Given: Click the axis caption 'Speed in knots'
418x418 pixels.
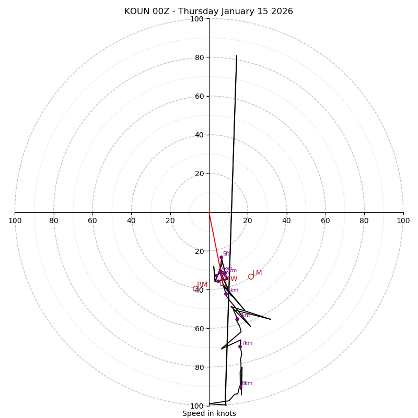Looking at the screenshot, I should click(x=209, y=413).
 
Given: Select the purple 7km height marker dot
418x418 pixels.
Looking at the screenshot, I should click(x=240, y=346).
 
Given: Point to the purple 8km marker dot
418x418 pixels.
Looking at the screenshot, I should click(x=240, y=387).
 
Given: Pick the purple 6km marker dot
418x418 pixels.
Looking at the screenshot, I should click(x=237, y=319).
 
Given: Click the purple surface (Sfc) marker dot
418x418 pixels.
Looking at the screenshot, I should click(x=221, y=257).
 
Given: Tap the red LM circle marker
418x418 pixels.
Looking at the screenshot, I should click(x=251, y=276).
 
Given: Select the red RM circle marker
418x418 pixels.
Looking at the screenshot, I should click(x=195, y=288).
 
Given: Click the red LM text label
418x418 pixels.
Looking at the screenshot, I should click(x=257, y=273).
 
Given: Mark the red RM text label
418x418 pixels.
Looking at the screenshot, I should click(x=202, y=285).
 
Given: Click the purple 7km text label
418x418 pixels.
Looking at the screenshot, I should click(x=247, y=343).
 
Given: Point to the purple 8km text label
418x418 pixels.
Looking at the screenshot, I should click(x=247, y=384).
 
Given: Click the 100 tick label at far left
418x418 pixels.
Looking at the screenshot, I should click(x=15, y=220).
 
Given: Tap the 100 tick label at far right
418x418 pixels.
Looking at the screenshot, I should click(x=403, y=220).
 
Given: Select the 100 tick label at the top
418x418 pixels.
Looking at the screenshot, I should click(x=197, y=19).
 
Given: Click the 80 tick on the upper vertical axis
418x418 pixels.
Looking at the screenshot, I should click(x=199, y=57).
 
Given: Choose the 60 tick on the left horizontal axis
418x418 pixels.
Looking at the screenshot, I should click(x=92, y=220).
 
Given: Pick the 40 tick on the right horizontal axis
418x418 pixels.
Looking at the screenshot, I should click(x=286, y=220).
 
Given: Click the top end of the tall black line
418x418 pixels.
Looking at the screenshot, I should click(x=236, y=56).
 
